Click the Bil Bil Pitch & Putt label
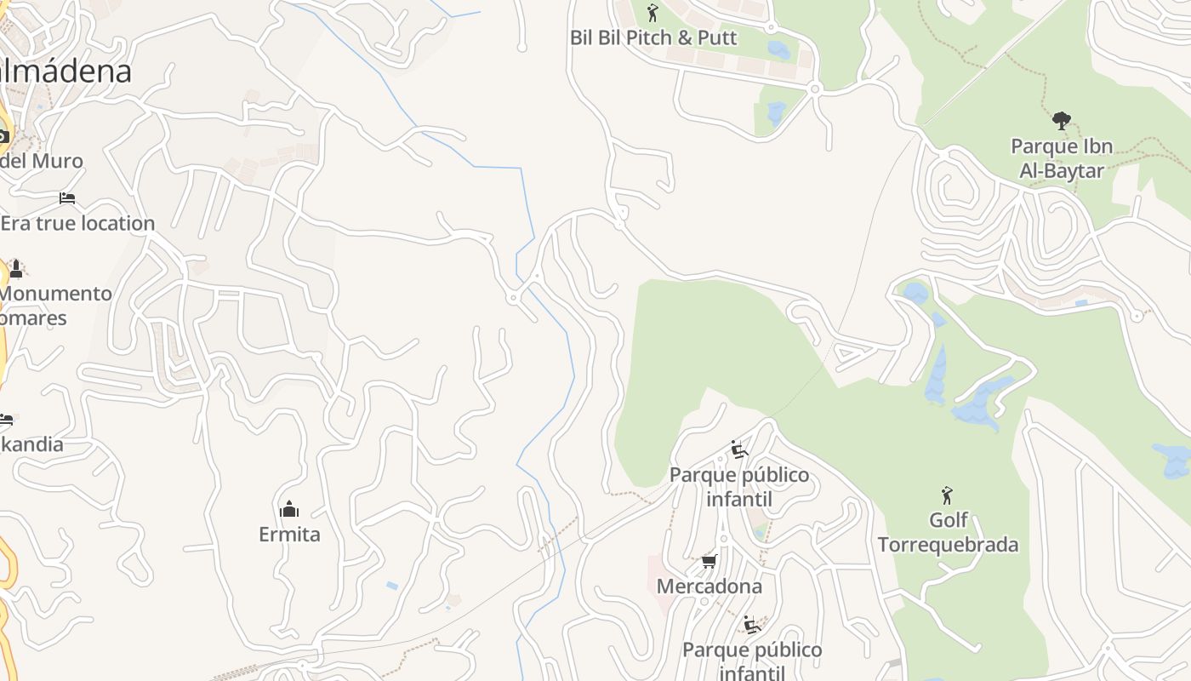(x=653, y=37)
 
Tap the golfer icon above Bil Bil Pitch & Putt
(x=652, y=13)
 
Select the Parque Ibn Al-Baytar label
(x=1062, y=158)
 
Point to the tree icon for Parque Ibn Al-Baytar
(x=1061, y=121)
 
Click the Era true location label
(x=77, y=223)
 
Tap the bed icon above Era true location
(x=67, y=198)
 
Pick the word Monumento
(x=56, y=294)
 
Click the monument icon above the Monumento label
(x=15, y=269)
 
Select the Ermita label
(x=289, y=535)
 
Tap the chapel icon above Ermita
(x=289, y=509)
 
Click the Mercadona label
(x=709, y=587)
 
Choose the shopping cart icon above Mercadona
(x=709, y=561)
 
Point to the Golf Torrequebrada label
(x=948, y=532)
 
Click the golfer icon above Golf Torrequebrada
(x=947, y=495)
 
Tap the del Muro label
(x=42, y=161)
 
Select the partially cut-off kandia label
(x=32, y=444)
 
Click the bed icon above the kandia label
(x=6, y=420)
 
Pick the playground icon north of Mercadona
(x=738, y=449)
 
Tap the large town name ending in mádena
(x=66, y=72)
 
